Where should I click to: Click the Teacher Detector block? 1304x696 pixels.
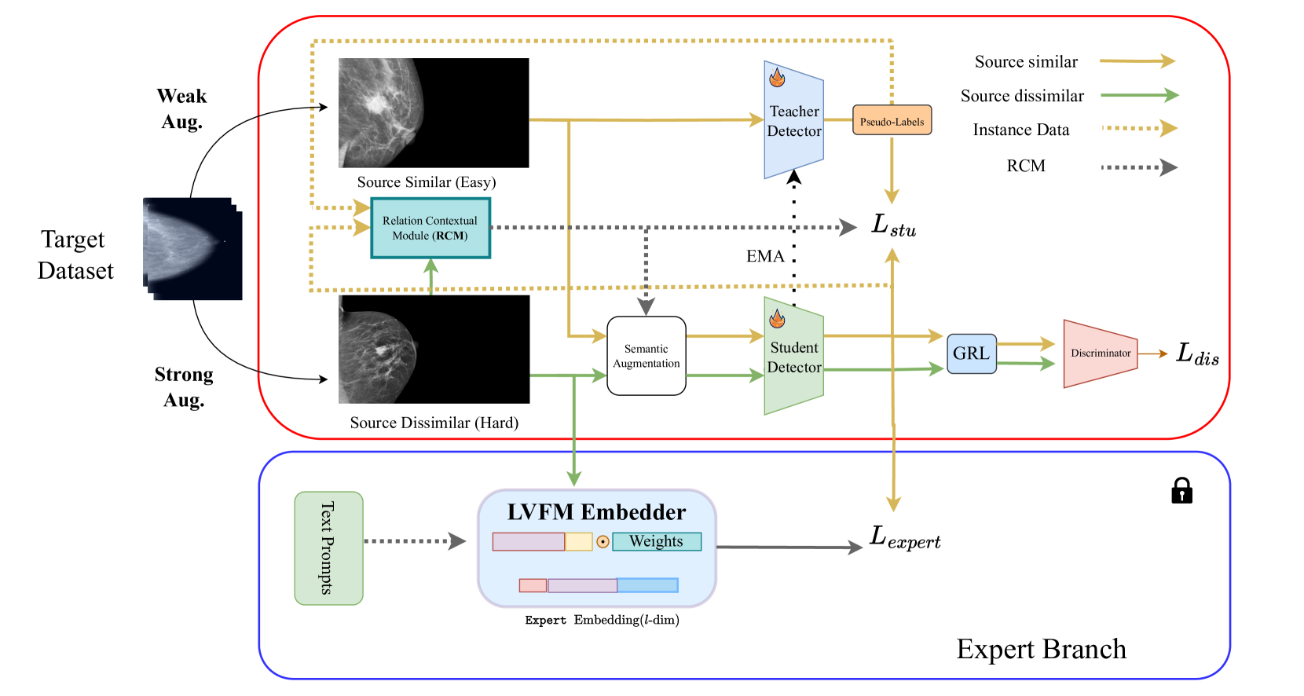point(793,120)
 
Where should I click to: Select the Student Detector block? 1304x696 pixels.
point(793,356)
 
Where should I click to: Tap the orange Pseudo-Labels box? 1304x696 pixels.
point(892,120)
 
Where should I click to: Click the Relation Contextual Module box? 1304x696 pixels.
point(430,228)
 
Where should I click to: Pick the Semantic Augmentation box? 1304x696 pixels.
point(647,356)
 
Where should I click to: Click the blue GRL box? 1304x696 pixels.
point(971,353)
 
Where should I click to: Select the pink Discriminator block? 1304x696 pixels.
point(1101,353)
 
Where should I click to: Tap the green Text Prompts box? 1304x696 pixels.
point(329,548)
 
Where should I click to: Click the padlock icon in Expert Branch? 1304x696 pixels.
point(1181,490)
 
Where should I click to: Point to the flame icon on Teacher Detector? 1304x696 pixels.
point(777,77)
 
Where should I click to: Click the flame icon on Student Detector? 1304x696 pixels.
point(777,317)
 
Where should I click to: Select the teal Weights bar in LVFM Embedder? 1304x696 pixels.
point(657,541)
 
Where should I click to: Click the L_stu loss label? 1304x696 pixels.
point(894,225)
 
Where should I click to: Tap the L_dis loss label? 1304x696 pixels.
point(1197,353)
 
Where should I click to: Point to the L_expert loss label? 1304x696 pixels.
point(905,537)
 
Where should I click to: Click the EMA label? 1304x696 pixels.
point(765,256)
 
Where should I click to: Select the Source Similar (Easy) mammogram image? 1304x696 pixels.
point(434,113)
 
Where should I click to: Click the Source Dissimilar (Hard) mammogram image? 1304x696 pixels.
point(434,349)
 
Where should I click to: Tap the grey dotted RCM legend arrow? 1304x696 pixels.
point(1139,167)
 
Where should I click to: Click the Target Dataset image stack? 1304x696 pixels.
point(192,249)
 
